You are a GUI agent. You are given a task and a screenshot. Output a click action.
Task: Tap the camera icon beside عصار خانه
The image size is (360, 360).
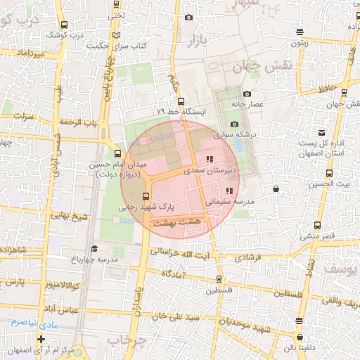[x=247, y=94]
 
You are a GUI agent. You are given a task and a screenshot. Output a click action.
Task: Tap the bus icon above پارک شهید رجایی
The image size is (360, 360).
[x=146, y=196]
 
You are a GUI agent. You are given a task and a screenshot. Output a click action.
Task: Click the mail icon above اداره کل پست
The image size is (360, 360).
[x=322, y=132]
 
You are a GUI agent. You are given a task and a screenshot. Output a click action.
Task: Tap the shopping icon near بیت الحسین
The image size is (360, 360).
[x=275, y=188]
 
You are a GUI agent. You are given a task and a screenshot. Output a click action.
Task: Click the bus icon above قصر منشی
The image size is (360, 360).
[x=317, y=226]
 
